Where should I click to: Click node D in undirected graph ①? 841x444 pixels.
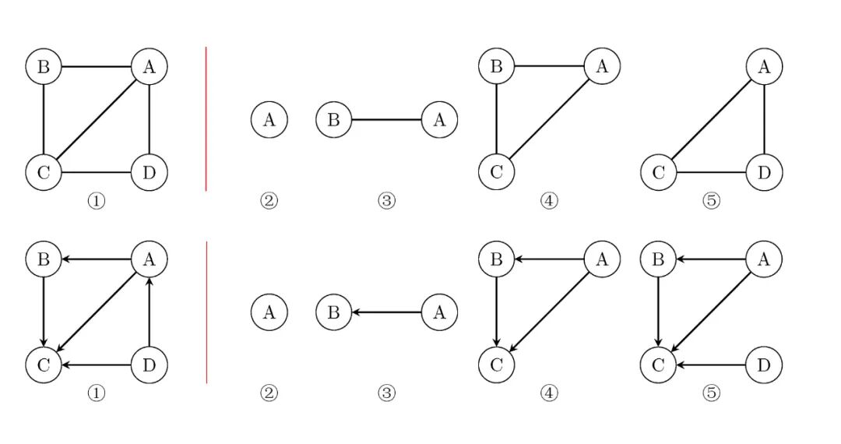(x=149, y=172)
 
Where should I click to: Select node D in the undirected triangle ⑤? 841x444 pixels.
(x=764, y=172)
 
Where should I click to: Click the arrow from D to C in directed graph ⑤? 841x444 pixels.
(x=711, y=365)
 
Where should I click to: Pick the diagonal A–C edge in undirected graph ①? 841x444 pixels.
(x=97, y=120)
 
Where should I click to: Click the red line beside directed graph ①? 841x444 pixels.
(x=206, y=312)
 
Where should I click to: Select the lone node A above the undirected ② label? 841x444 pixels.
(x=269, y=120)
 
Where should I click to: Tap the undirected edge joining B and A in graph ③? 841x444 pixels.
(x=387, y=120)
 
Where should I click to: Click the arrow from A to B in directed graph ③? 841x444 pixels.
(x=387, y=312)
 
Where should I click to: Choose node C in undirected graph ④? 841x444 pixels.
(x=497, y=172)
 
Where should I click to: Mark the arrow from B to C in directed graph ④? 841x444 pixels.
(x=497, y=312)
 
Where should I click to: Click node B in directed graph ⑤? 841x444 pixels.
(x=659, y=259)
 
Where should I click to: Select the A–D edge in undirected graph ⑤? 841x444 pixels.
(x=764, y=120)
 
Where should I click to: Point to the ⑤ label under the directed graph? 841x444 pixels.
(x=711, y=393)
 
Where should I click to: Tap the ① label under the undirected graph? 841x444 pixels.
(x=96, y=201)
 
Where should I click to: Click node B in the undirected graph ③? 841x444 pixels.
(x=334, y=120)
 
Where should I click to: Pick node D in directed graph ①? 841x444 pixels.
(x=149, y=365)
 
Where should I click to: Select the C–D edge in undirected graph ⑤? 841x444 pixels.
(x=711, y=172)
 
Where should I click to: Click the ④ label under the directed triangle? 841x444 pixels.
(x=549, y=393)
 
